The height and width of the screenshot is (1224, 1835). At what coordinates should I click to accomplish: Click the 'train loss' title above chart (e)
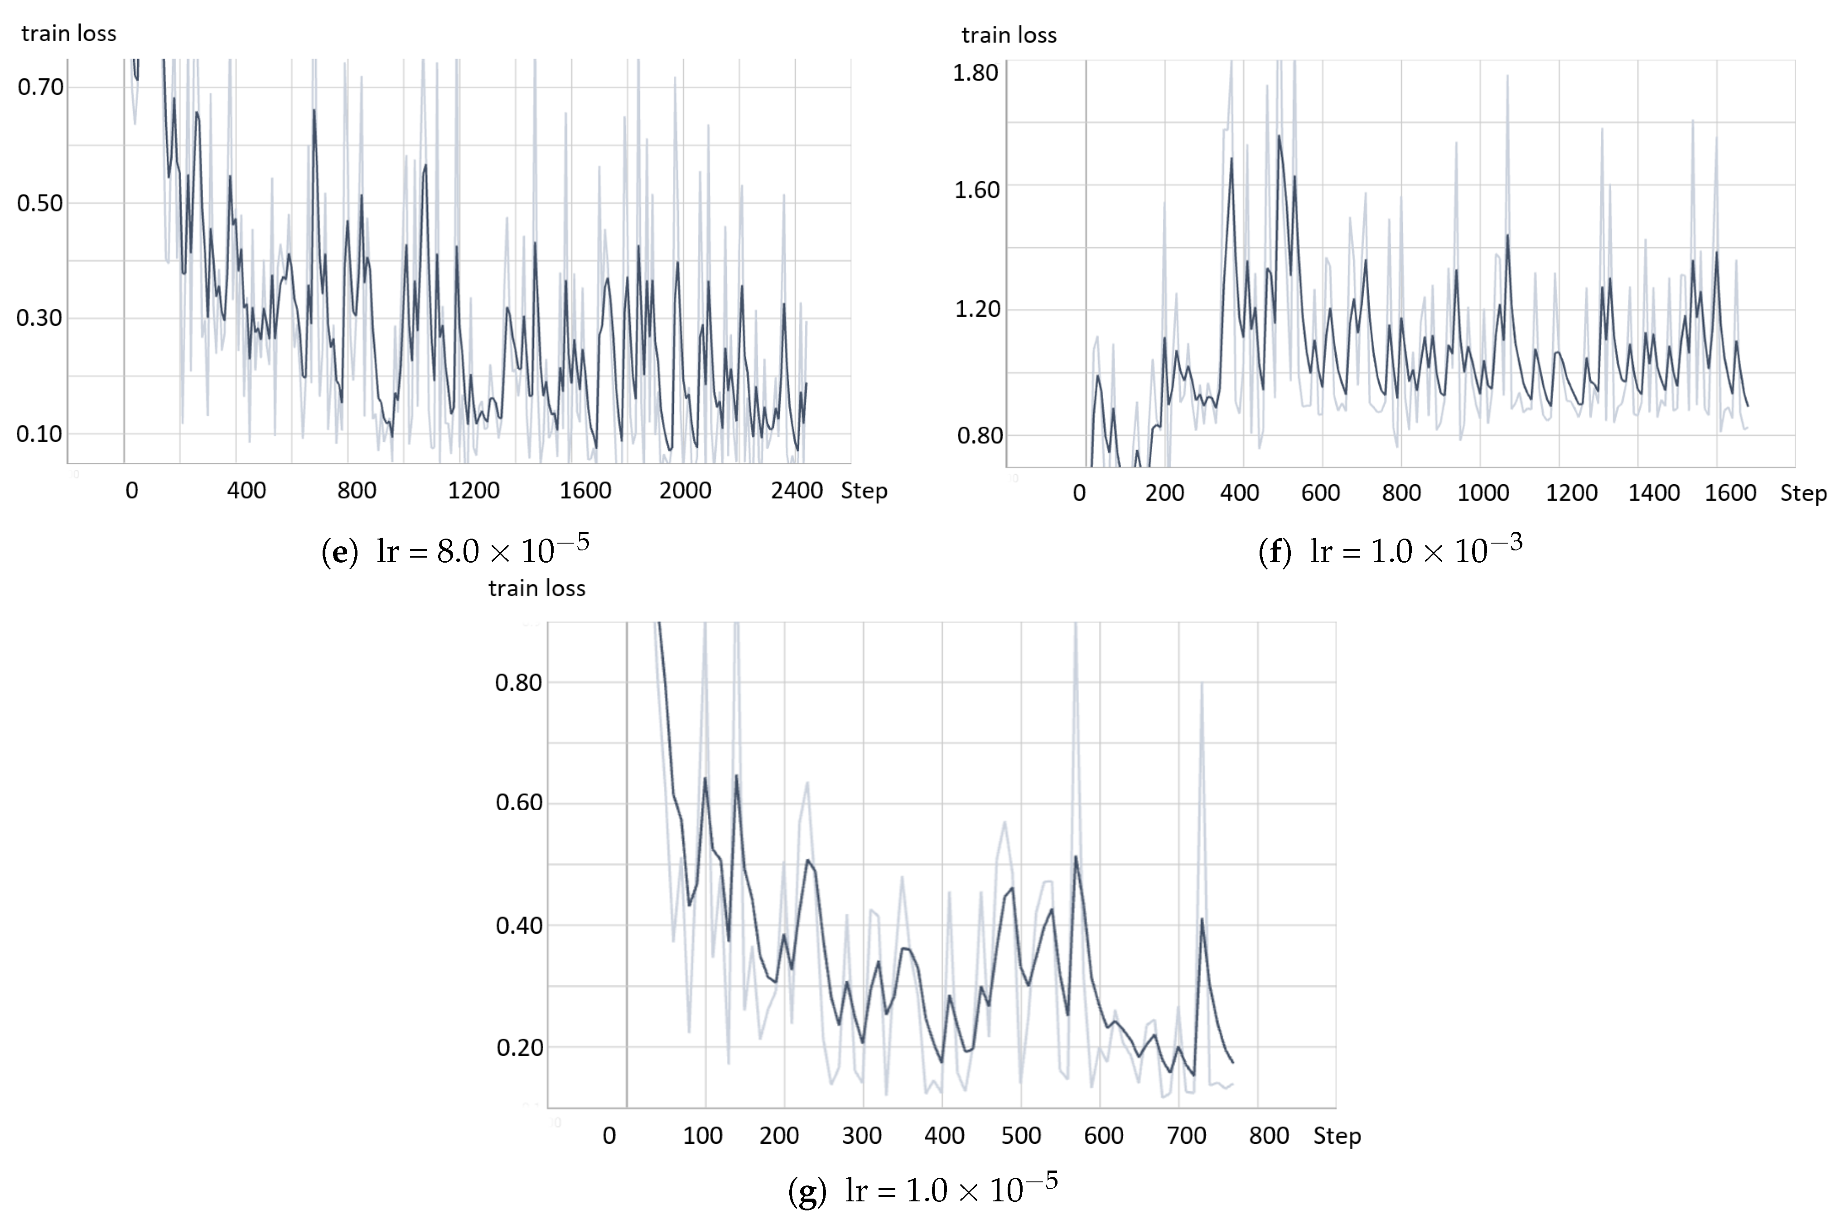pyautogui.click(x=69, y=34)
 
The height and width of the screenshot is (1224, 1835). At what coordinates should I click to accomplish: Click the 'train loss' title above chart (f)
pyautogui.click(x=1009, y=35)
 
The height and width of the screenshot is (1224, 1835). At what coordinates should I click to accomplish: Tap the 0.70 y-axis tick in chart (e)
pyautogui.click(x=41, y=87)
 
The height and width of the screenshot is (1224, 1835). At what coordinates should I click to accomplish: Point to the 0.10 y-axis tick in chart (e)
pyautogui.click(x=39, y=434)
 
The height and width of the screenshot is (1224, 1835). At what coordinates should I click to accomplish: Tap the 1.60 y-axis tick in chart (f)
pyautogui.click(x=976, y=190)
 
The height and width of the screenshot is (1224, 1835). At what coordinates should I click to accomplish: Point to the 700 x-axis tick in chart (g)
pyautogui.click(x=1186, y=1135)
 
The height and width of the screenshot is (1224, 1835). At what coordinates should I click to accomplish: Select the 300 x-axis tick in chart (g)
pyautogui.click(x=862, y=1135)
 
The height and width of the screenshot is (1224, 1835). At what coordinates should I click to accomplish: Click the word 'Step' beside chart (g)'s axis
pyautogui.click(x=1337, y=1135)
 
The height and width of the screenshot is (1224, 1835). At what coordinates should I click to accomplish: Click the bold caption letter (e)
pyautogui.click(x=339, y=552)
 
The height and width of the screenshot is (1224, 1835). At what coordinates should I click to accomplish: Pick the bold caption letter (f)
pyautogui.click(x=1275, y=552)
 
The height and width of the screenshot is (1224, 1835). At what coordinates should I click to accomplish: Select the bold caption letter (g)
pyautogui.click(x=807, y=1190)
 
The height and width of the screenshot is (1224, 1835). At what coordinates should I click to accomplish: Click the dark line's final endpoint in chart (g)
pyautogui.click(x=1232, y=1062)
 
